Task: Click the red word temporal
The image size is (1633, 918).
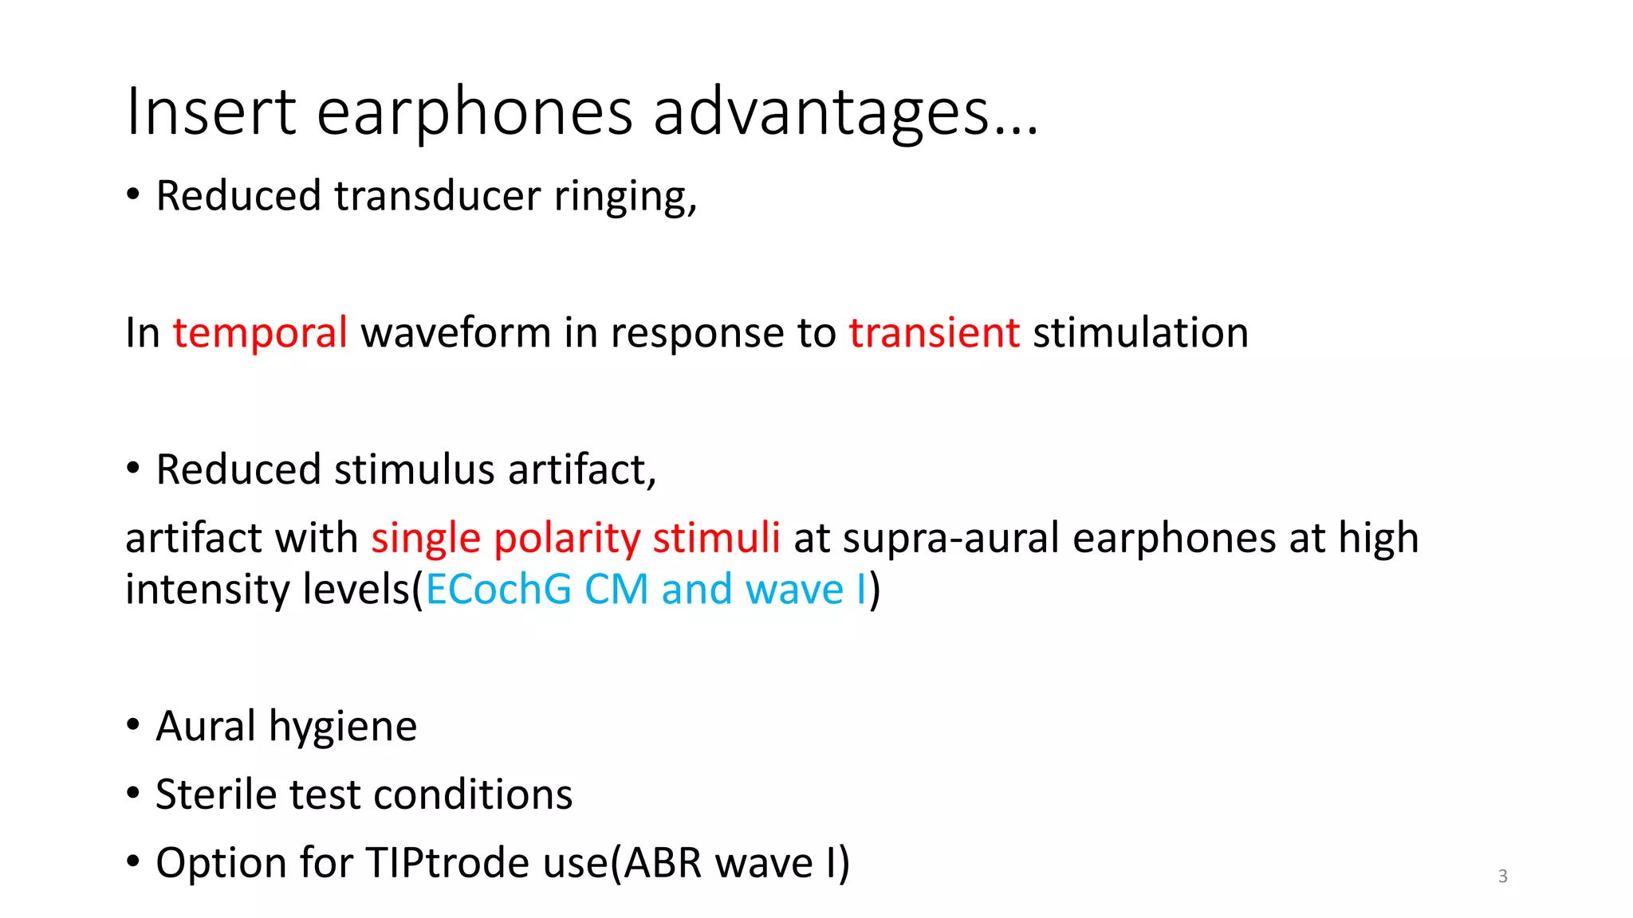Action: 260,332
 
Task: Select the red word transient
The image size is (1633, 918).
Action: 934,332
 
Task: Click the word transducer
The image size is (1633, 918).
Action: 437,196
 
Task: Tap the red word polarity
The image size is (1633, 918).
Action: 566,538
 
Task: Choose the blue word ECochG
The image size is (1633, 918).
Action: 498,590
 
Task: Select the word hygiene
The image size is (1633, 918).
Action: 342,727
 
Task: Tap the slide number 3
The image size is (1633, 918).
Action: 1502,877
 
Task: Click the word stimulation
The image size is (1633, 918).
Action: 1140,332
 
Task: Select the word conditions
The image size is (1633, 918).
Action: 473,794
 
